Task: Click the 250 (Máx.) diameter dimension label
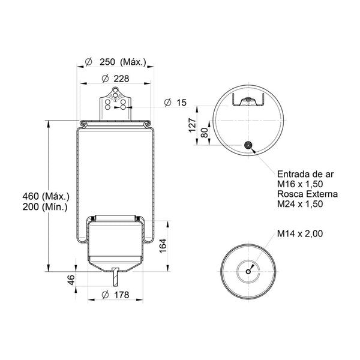(115, 62)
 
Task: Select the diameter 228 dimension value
(115, 79)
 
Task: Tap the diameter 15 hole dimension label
(176, 103)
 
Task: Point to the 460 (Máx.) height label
(46, 196)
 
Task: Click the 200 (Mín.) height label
(45, 207)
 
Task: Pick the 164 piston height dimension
(163, 246)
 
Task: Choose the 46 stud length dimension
(71, 280)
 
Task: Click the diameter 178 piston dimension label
(115, 295)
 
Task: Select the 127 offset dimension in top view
(192, 125)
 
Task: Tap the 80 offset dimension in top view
(204, 133)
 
